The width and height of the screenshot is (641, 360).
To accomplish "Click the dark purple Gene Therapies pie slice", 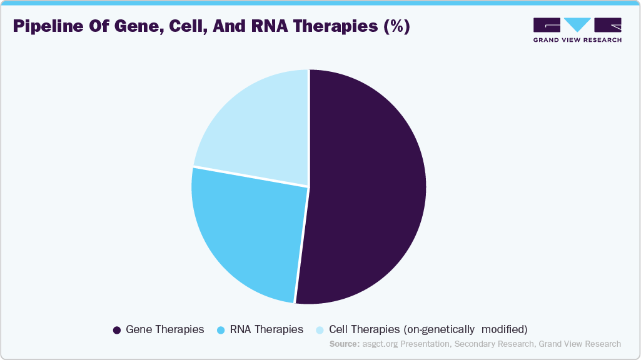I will [369, 187].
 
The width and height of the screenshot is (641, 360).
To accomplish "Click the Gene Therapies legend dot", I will [116, 329].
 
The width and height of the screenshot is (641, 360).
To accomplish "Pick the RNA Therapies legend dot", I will [221, 329].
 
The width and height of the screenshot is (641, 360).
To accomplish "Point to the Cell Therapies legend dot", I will [320, 329].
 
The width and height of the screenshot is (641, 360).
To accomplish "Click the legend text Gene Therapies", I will [164, 329].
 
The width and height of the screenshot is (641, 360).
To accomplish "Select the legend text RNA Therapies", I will [266, 329].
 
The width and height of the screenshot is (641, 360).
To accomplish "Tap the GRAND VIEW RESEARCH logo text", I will [577, 40].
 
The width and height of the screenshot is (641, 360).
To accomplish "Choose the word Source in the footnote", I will [345, 344].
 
